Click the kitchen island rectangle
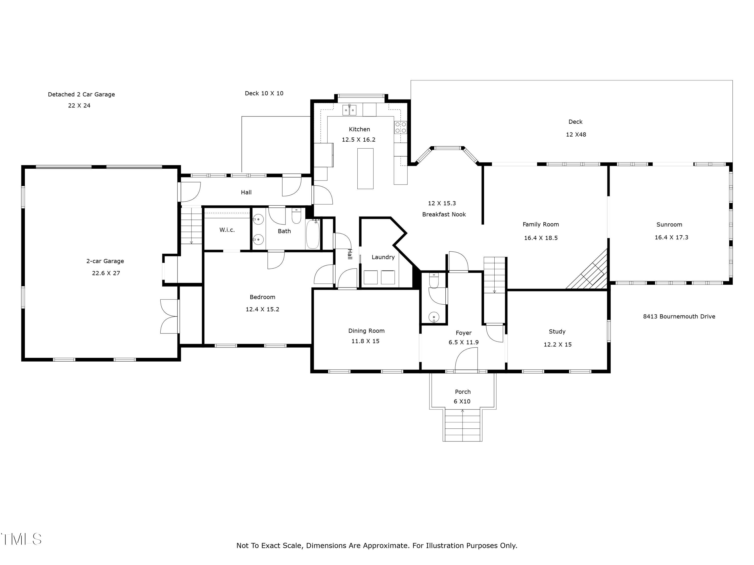pos(365,168)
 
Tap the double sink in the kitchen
pos(349,110)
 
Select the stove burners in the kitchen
pos(401,127)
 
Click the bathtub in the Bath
pos(313,234)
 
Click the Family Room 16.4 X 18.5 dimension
pos(541,238)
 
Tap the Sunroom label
pos(669,224)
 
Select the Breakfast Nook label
pos(444,214)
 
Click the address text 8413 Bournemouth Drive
pos(679,316)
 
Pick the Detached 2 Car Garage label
pos(81,94)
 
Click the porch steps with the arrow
pos(462,425)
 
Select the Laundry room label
pos(383,257)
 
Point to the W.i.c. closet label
pos(227,230)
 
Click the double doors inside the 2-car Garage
pos(169,316)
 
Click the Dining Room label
pos(366,331)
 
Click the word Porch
pos(462,392)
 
